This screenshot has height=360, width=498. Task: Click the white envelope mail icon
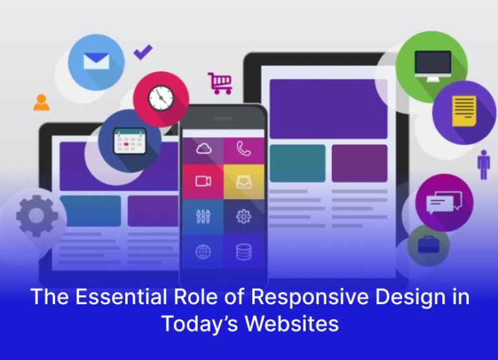pyautogui.click(x=96, y=61)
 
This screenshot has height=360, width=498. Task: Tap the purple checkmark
pyautogui.click(x=143, y=52)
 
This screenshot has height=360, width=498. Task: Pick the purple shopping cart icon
pyautogui.click(x=220, y=82)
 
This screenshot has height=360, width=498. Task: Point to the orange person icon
pyautogui.click(x=41, y=102)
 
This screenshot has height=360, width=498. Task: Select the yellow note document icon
pyautogui.click(x=464, y=111)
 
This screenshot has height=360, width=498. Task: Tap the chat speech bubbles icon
pyautogui.click(x=444, y=203)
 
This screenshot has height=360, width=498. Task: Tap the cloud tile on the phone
pyautogui.click(x=203, y=149)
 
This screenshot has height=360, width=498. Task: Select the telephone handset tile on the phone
pyautogui.click(x=244, y=149)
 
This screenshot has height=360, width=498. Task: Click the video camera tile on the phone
pyautogui.click(x=203, y=182)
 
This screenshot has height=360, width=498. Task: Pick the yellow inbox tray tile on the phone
pyautogui.click(x=244, y=182)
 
